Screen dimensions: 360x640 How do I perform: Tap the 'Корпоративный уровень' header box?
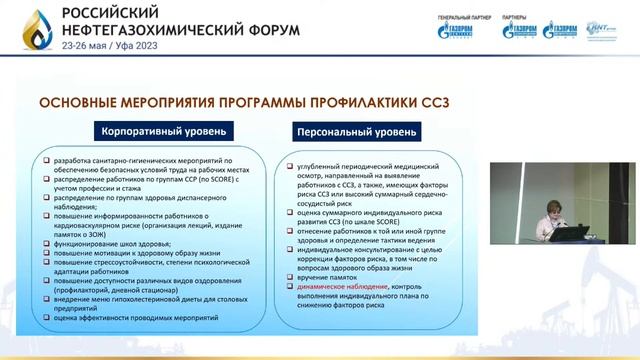[163, 131]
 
